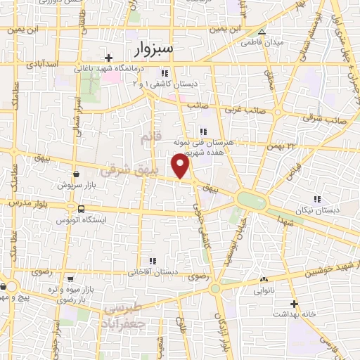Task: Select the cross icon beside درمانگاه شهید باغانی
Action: [x=108, y=58]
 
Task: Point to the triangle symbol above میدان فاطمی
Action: [x=262, y=32]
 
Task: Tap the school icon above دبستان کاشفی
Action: [x=164, y=72]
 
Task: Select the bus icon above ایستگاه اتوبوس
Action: [x=82, y=209]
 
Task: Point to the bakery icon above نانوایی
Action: [x=264, y=279]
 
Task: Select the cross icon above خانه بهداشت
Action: [x=295, y=304]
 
